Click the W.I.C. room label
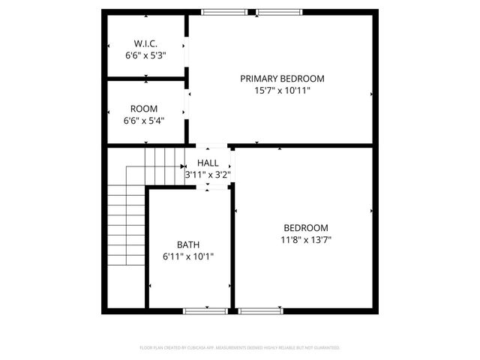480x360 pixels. tap(145, 43)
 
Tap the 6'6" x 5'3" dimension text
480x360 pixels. tap(145, 55)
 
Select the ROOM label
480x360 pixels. tap(144, 108)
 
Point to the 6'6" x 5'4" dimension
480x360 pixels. tap(144, 120)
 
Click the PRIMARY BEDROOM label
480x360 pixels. tap(282, 78)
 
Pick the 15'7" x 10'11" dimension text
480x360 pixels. tap(282, 90)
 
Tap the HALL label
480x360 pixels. tap(208, 163)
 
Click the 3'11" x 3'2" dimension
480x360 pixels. tap(208, 175)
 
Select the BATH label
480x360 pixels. tap(188, 244)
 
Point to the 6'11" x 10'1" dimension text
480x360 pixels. tap(188, 256)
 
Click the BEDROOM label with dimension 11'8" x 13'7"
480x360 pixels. tap(305, 228)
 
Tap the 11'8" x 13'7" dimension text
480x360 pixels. tap(305, 240)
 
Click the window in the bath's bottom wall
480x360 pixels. tap(205, 310)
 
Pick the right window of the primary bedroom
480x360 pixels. tap(279, 12)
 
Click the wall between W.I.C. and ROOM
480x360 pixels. tap(145, 78)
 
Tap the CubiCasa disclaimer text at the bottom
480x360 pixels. tap(240, 348)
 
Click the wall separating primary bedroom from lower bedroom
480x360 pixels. tap(300, 145)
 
